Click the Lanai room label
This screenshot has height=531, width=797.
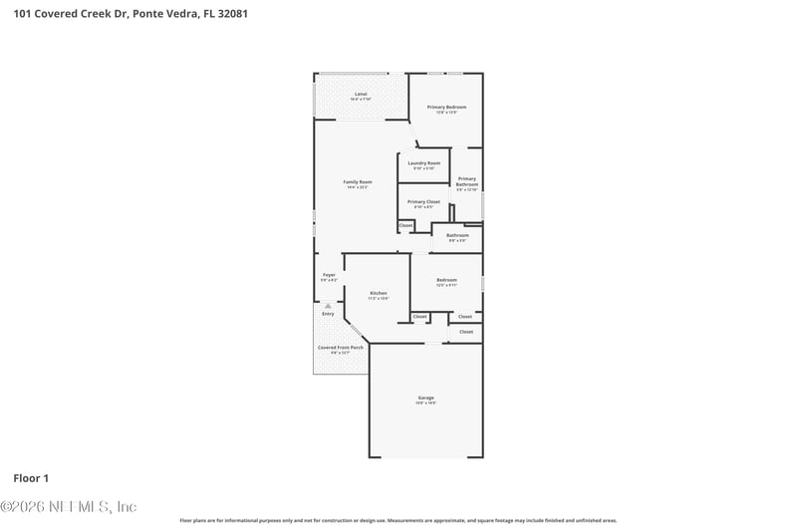point(361,94)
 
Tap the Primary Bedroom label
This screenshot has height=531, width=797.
point(446,107)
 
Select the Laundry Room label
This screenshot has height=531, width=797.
point(424,162)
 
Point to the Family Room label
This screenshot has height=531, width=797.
point(358,182)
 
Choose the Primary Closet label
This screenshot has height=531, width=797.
point(423,201)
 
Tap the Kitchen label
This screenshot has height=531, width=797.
point(378,293)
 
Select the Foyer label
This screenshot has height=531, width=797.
point(329,275)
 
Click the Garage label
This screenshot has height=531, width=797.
point(425,398)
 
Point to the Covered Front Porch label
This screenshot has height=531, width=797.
point(341,347)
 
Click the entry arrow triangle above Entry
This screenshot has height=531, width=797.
point(328,306)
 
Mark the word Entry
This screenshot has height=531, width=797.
point(328,314)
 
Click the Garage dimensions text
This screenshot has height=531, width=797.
point(425,402)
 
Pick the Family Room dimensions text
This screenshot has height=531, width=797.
point(358,187)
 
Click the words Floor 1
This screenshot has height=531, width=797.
point(31,478)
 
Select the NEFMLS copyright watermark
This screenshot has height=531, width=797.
point(68,506)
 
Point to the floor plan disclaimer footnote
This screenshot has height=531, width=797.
point(398,520)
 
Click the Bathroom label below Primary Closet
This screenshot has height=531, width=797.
point(458,235)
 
